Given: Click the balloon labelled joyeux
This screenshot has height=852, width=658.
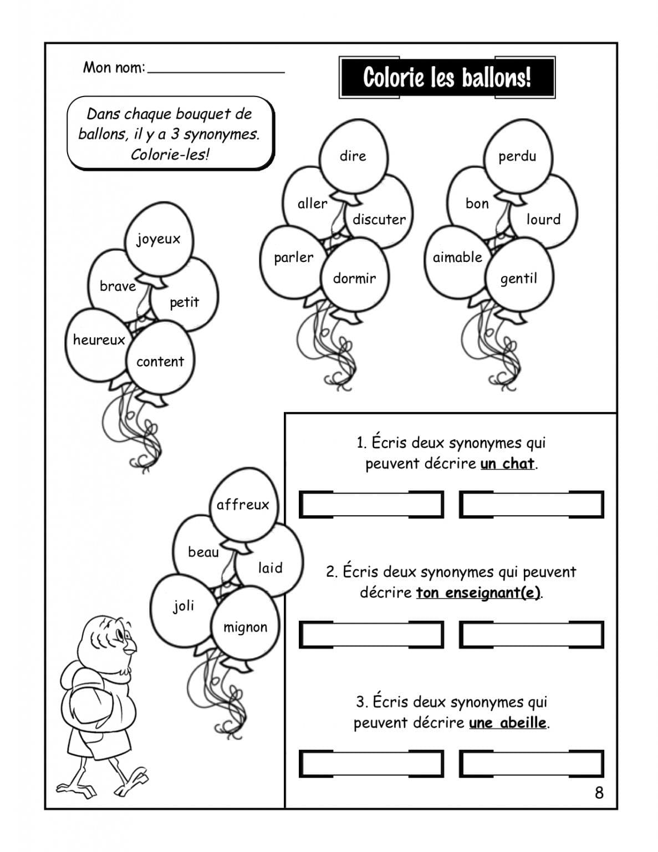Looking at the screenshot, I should tap(159, 240).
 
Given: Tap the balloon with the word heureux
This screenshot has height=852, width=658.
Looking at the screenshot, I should tap(99, 340).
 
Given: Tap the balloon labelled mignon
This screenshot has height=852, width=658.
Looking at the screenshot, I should tap(245, 627).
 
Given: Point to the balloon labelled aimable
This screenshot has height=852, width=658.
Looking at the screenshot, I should tap(457, 257).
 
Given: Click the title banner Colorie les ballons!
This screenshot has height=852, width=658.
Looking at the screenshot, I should tap(447, 77).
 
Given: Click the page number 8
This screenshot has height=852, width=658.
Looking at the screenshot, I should tap(599, 793).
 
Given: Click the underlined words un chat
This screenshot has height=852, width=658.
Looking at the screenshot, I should tap(507, 464).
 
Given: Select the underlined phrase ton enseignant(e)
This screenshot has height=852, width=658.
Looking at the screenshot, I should tap(478, 593).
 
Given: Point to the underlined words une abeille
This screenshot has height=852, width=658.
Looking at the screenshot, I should tap(508, 723).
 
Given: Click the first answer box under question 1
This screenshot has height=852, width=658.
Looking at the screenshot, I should tap(371, 505).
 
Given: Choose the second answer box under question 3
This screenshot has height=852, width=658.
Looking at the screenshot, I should tap(531, 764).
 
